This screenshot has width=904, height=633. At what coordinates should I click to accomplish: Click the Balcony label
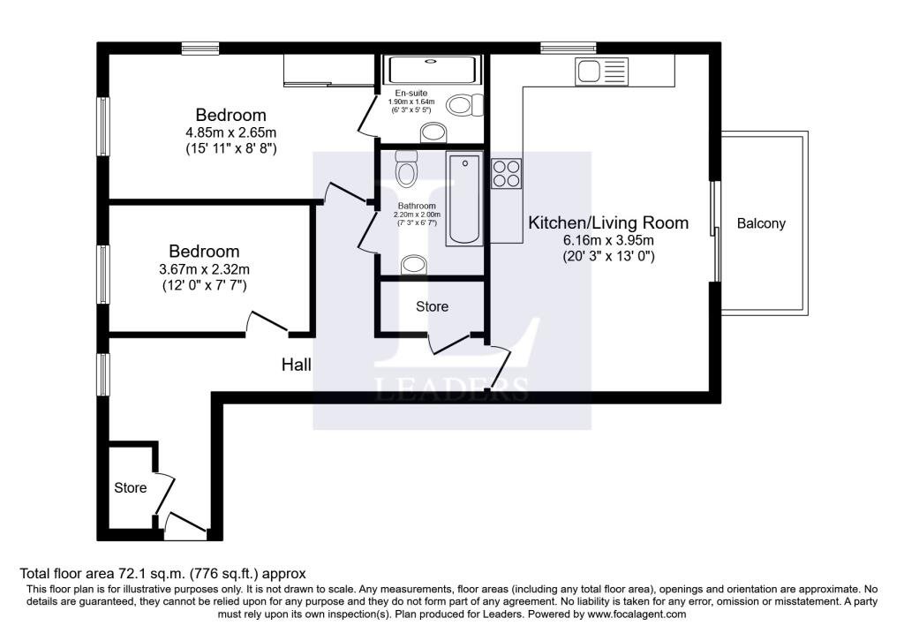(761, 223)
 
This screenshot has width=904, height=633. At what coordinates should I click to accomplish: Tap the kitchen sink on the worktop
(601, 72)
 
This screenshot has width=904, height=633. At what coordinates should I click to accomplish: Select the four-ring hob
(506, 174)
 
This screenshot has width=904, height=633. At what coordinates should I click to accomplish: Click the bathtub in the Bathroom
(464, 199)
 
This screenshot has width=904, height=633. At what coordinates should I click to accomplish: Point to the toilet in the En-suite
(464, 106)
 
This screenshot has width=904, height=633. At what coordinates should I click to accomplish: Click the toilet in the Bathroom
(406, 169)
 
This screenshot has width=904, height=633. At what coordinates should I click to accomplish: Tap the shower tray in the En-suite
(433, 70)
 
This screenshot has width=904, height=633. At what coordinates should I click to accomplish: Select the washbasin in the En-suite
(434, 133)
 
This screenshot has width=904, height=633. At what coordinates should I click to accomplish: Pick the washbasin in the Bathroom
(413, 265)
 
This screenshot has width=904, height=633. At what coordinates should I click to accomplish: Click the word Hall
(297, 365)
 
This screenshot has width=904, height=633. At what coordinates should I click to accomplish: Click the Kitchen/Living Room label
(608, 223)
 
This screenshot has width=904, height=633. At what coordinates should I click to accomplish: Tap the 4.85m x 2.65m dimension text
(230, 132)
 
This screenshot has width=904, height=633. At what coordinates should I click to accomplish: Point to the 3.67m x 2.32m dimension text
(204, 269)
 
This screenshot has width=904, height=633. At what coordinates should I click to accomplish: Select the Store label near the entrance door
(131, 487)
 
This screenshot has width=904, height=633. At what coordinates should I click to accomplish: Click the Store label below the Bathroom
(432, 306)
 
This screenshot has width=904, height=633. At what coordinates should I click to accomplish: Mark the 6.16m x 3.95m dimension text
(608, 240)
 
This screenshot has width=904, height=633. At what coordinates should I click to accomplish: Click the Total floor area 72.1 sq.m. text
(102, 574)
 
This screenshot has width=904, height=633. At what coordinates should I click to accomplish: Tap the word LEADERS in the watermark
(451, 389)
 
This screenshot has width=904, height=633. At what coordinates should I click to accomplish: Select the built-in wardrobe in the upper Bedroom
(329, 71)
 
